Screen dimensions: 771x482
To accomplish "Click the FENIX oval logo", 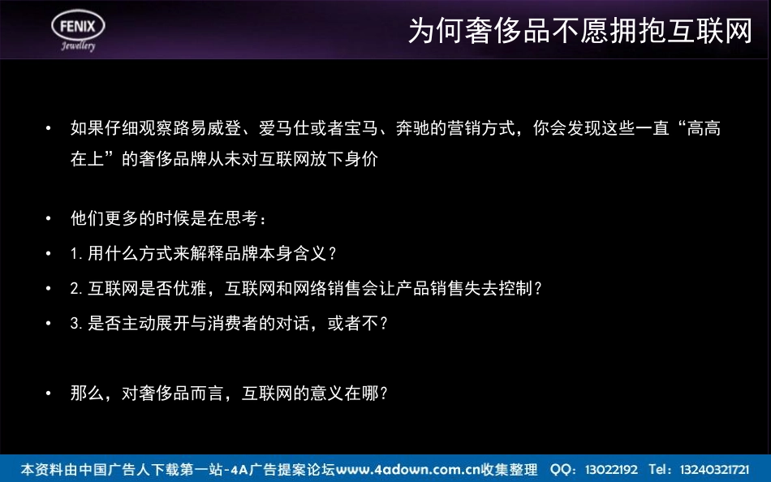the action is [78, 25].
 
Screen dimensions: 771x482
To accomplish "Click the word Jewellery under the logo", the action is [78, 45].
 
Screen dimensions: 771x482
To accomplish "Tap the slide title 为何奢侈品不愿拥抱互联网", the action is [580, 31].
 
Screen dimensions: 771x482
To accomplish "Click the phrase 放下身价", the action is [344, 159].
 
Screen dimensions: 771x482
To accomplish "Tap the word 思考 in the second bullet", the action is [241, 218].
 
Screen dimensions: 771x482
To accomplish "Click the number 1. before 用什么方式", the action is [77, 253].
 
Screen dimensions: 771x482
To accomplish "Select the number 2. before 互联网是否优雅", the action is [77, 288].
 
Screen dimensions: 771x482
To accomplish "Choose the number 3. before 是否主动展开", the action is [77, 323].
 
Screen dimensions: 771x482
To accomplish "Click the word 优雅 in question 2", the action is [190, 288].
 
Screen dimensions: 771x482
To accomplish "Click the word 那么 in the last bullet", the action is [88, 393].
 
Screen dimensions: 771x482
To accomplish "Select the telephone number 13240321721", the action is [714, 470].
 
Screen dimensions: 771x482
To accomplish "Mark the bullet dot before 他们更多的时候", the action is [48, 218].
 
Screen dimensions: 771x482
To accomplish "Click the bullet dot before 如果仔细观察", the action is [48, 128].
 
